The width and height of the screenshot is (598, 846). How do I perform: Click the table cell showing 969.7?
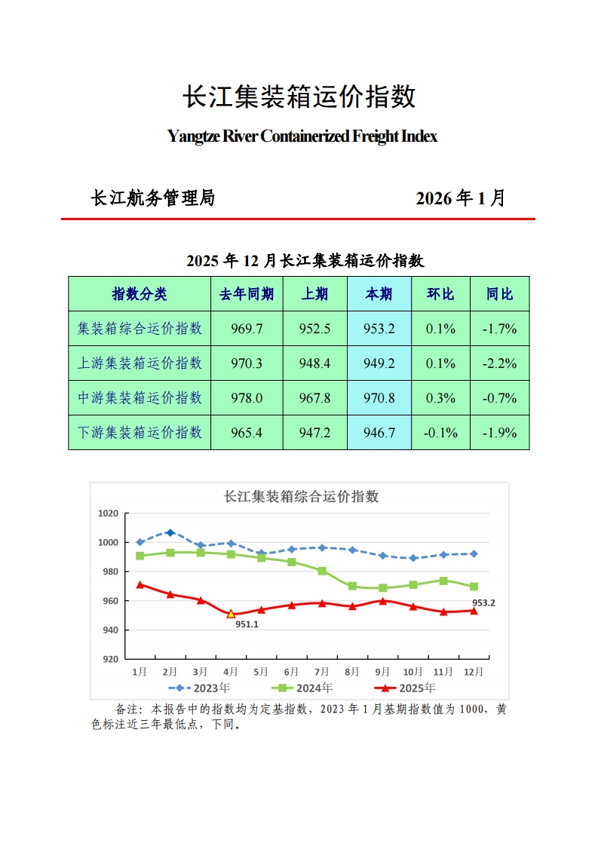pyautogui.click(x=247, y=329)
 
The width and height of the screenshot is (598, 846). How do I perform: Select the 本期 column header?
pyautogui.click(x=379, y=294)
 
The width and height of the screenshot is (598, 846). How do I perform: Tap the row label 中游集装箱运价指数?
pyautogui.click(x=140, y=398)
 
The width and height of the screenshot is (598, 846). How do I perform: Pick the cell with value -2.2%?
pyautogui.click(x=499, y=363)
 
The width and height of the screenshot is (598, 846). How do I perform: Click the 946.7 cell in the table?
pyautogui.click(x=379, y=433)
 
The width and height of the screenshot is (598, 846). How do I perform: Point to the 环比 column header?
pyautogui.click(x=440, y=294)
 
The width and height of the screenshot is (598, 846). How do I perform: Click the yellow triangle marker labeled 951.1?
pyautogui.click(x=231, y=614)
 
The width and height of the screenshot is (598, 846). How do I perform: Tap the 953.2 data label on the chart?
pyautogui.click(x=483, y=602)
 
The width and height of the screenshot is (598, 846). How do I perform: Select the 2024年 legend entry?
pyautogui.click(x=305, y=688)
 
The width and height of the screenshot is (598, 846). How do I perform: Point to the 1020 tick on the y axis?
pyautogui.click(x=109, y=513)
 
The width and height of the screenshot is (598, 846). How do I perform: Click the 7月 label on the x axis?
pyautogui.click(x=321, y=671)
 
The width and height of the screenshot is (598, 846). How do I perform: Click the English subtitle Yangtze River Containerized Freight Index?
pyautogui.click(x=302, y=136)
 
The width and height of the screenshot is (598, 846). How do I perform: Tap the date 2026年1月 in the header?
pyautogui.click(x=460, y=198)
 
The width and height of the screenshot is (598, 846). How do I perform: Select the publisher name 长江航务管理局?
pyautogui.click(x=153, y=198)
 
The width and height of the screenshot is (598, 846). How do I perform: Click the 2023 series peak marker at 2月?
pyautogui.click(x=170, y=533)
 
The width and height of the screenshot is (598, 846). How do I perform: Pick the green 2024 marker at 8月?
pyautogui.click(x=352, y=586)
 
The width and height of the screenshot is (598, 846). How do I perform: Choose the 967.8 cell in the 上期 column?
pyautogui.click(x=314, y=398)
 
